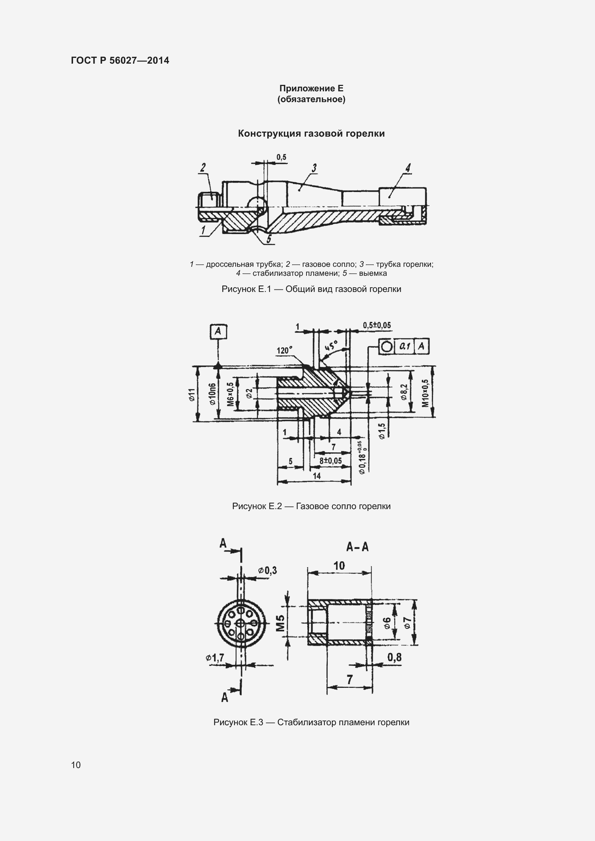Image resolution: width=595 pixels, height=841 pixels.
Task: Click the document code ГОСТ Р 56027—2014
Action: pyautogui.click(x=120, y=60)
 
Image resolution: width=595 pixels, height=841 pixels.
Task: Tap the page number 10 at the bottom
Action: pyautogui.click(x=76, y=765)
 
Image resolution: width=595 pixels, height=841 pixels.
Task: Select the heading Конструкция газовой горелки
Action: pyautogui.click(x=312, y=133)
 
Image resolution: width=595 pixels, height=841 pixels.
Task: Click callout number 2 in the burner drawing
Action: pyautogui.click(x=203, y=168)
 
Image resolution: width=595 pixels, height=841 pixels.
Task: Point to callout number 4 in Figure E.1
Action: pyautogui.click(x=408, y=168)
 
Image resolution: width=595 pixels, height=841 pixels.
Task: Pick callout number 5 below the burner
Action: pyautogui.click(x=269, y=239)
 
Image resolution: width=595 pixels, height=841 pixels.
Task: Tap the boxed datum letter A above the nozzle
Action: pyautogui.click(x=218, y=332)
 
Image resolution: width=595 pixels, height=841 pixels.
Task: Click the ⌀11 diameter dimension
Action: pyautogui.click(x=192, y=395)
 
